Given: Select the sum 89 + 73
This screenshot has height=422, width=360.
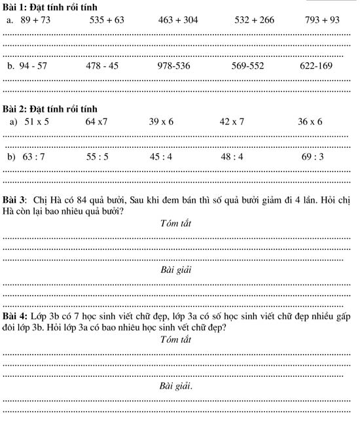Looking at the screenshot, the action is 39,20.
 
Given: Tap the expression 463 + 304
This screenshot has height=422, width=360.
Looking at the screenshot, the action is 178,20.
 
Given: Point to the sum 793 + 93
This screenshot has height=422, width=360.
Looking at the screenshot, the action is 322,20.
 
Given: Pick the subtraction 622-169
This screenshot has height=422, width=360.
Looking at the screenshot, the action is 316,66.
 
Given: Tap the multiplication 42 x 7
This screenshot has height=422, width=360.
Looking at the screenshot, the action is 232,122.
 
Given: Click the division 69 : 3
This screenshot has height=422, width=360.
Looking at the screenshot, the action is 313,157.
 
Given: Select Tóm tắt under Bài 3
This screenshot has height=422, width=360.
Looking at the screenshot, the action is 175,224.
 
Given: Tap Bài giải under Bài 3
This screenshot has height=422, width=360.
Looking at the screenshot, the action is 175,270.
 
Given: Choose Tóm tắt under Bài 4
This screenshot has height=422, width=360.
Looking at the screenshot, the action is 175,340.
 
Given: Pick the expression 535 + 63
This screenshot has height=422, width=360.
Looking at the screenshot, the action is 107,20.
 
